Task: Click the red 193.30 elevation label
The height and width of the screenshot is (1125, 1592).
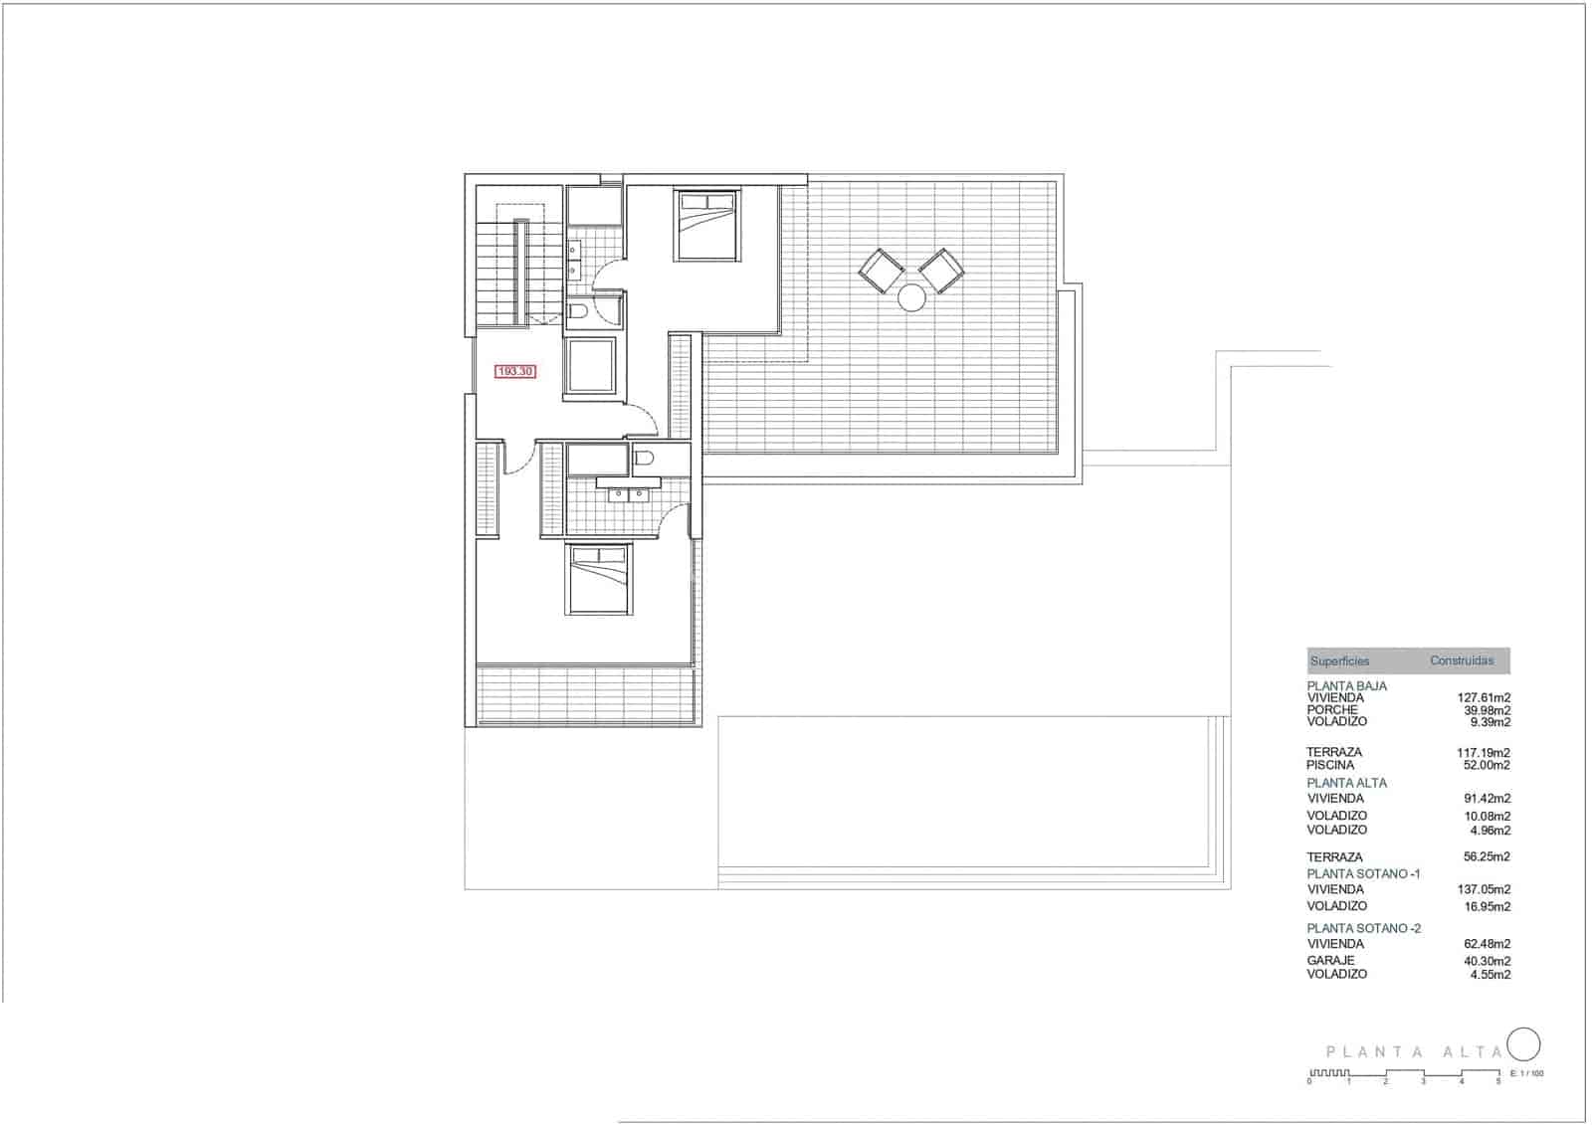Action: click(515, 371)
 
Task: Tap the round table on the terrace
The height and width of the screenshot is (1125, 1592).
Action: click(911, 296)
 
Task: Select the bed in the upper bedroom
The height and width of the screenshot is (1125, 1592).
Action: click(706, 225)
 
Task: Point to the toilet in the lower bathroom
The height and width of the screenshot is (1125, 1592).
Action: click(644, 459)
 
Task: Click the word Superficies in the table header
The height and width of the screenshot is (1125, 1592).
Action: click(1339, 661)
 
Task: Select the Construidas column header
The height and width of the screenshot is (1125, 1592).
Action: click(1462, 660)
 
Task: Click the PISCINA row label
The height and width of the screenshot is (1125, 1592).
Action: click(1330, 765)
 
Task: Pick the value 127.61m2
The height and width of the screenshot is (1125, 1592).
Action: click(1484, 698)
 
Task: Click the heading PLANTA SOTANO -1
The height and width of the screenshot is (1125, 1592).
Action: click(1363, 873)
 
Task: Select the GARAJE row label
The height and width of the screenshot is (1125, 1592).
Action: click(1330, 961)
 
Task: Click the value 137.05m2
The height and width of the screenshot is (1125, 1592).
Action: click(1484, 889)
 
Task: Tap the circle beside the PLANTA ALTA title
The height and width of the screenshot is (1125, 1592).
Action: click(1524, 1044)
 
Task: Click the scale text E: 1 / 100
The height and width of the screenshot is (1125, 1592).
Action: click(1526, 1073)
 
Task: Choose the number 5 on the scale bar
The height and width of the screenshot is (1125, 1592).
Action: click(1498, 1081)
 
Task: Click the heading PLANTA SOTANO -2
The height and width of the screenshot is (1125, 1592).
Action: click(1363, 928)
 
